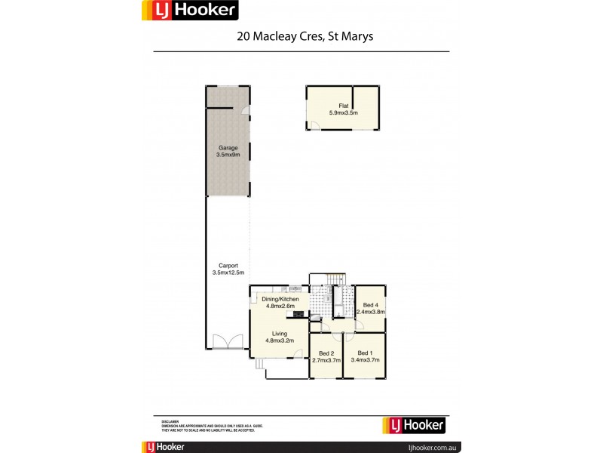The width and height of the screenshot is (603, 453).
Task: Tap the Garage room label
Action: (228, 147)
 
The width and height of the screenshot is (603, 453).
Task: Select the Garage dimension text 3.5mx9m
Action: (228, 155)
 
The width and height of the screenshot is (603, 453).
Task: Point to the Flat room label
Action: (343, 106)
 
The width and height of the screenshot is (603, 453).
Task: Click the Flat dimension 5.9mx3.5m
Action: (343, 112)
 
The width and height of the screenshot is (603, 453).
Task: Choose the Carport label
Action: (228, 265)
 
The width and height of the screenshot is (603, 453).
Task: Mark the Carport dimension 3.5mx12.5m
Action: (228, 272)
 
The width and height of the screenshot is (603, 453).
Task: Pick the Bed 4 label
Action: (370, 305)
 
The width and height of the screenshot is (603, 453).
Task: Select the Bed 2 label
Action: (326, 353)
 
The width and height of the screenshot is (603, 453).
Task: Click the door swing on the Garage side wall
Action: (246, 112)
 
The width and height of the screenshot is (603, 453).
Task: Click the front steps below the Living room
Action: (259, 365)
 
